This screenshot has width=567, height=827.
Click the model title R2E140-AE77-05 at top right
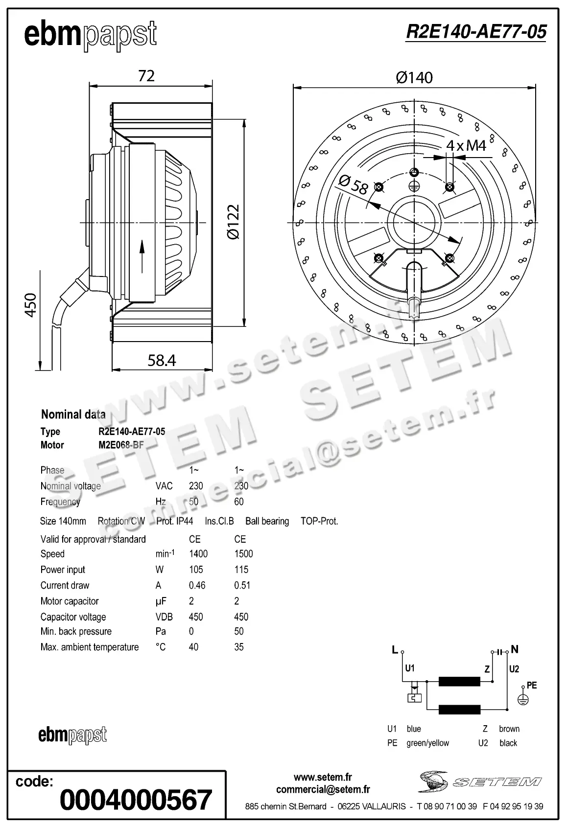(x=475, y=32)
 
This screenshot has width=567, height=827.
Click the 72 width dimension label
(x=146, y=75)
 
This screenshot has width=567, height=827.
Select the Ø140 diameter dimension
(x=414, y=77)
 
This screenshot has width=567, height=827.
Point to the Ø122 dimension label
(x=234, y=222)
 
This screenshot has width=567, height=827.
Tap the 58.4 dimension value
(x=162, y=360)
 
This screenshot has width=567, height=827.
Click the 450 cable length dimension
(x=31, y=305)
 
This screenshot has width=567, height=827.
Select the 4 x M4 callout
(x=466, y=145)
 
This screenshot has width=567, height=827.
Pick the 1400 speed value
(x=198, y=554)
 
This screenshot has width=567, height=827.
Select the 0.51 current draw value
(x=242, y=585)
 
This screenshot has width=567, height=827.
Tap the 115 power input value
(x=241, y=570)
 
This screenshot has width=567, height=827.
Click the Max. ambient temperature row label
(x=90, y=647)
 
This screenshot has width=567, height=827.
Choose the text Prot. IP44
(x=175, y=521)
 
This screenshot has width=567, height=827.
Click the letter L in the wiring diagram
(x=395, y=650)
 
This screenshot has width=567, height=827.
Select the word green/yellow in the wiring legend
(x=427, y=743)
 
